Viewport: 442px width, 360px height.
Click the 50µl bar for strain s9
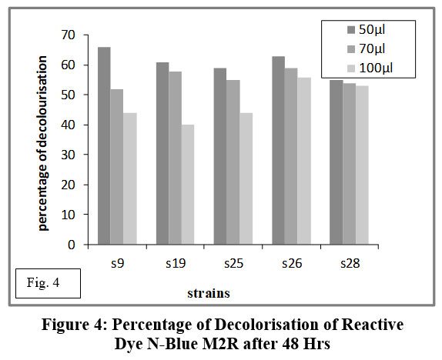pos(104,145)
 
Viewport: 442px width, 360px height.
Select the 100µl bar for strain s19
pos(188,185)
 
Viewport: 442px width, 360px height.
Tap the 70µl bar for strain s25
pos(233,162)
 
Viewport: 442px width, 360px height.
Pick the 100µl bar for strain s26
pos(304,161)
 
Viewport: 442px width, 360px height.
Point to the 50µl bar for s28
pos(337,162)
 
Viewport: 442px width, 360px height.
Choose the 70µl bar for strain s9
pos(117,167)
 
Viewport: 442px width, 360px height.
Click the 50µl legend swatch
pos(351,30)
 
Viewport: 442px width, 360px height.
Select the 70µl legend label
pos(372,49)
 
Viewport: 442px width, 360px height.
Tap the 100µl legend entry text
pos(376,68)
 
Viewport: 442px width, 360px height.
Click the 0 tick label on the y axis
pos(72,245)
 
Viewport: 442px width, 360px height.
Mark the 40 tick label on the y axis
pos(68,125)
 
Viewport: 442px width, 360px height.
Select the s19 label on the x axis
pos(176,263)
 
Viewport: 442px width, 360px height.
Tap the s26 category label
pos(292,263)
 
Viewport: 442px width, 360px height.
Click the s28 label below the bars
pos(350,263)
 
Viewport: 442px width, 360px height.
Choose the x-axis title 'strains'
pos(209,293)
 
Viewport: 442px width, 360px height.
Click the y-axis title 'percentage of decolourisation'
pos(43,143)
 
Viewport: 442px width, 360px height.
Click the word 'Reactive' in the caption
pos(373,324)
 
